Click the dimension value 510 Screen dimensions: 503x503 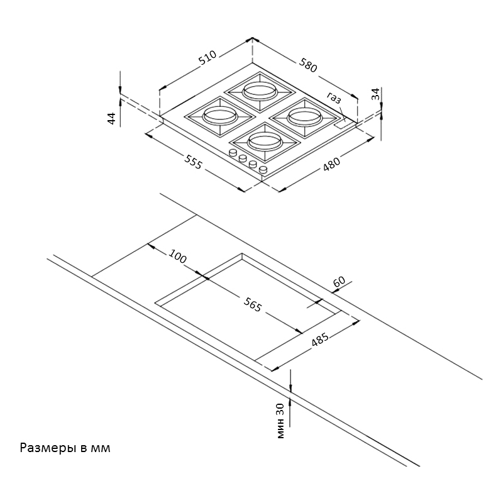[207, 58]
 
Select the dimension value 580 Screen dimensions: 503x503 [308, 64]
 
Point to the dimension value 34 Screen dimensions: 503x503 [375, 95]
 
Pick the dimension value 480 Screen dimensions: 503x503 [331, 164]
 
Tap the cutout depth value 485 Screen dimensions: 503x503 [321, 341]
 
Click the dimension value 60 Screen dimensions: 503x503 [340, 282]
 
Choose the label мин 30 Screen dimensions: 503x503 [280, 420]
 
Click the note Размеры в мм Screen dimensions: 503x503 [65, 448]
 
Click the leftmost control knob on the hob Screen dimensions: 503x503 [233, 153]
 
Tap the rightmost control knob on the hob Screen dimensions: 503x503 [263, 170]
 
